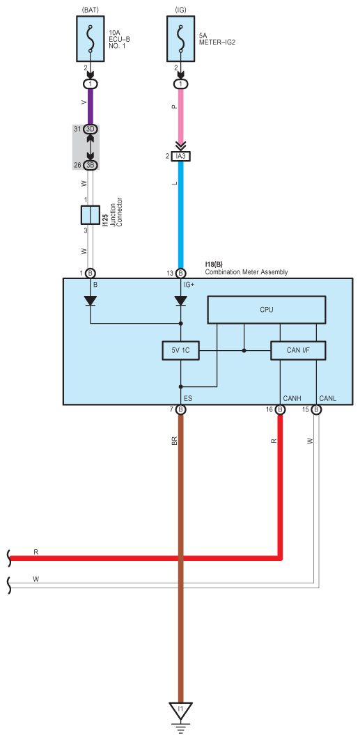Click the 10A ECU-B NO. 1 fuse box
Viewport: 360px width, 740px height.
90,38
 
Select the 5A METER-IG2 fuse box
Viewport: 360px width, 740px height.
181,38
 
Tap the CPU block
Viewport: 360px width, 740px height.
267,310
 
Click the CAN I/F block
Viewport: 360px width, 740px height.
298,351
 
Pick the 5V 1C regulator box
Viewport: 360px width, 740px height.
180,351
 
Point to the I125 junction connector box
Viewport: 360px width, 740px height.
90,214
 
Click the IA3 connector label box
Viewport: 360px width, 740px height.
181,156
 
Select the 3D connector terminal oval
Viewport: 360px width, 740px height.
90,129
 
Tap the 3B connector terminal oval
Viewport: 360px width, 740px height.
90,165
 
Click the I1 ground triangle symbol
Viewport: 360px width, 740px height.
180,710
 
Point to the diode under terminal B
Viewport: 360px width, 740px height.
90,300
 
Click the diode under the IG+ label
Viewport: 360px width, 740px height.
180,300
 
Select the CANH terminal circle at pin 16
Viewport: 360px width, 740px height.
280,409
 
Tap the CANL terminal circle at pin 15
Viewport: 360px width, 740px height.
317,409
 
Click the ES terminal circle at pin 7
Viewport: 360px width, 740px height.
180,409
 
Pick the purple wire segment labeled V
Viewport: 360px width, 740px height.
90,107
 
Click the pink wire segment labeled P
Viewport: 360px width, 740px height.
181,113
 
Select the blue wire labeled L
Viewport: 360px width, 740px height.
181,214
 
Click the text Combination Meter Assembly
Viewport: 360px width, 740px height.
246,271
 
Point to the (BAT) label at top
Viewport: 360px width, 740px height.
90,8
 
